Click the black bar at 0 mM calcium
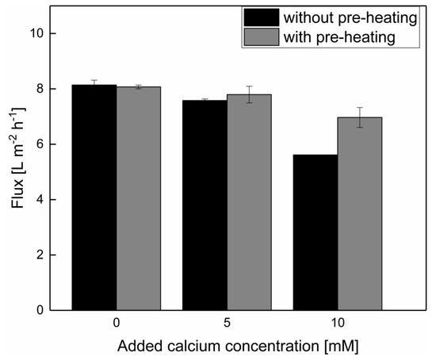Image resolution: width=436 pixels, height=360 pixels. click(x=94, y=197)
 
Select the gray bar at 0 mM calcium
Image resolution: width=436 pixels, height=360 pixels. click(x=139, y=198)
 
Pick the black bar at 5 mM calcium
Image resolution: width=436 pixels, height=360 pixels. click(x=205, y=205)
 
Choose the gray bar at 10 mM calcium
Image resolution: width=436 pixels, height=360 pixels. click(x=359, y=214)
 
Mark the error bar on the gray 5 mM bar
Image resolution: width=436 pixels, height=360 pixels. click(x=249, y=94)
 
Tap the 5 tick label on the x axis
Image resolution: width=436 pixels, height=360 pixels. click(x=227, y=324)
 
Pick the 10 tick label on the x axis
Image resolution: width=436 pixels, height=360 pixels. click(x=337, y=324)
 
